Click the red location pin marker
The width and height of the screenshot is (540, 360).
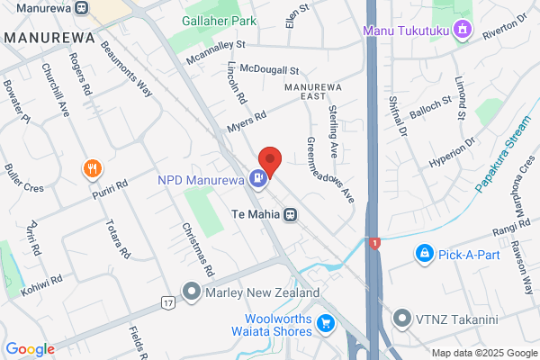(270, 159)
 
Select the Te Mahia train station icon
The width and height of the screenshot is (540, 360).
(290, 214)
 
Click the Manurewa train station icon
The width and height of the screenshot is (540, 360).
(81, 8)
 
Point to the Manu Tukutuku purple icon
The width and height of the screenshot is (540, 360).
(463, 30)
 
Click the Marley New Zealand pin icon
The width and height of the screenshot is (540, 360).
(191, 292)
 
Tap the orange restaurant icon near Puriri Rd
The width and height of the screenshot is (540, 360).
(91, 168)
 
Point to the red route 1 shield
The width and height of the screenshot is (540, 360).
(373, 243)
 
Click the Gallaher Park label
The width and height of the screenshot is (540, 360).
(218, 20)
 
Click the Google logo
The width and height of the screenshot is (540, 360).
(30, 349)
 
